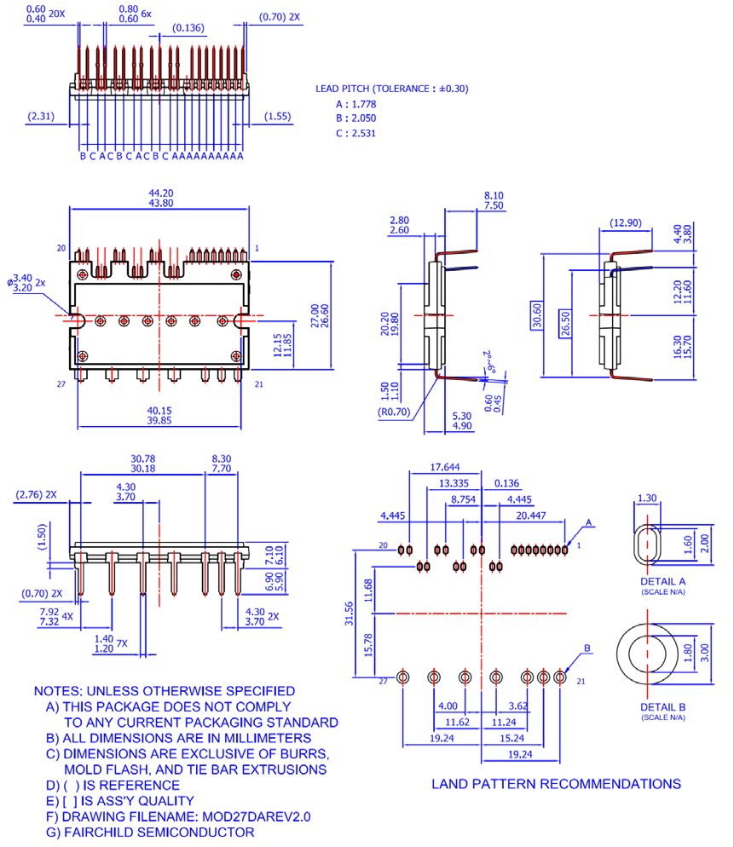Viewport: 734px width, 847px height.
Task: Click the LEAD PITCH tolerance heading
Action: pyautogui.click(x=391, y=89)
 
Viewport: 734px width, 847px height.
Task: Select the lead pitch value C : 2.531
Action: pyautogui.click(x=355, y=133)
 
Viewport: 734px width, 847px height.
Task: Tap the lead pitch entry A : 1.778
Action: pyautogui.click(x=355, y=104)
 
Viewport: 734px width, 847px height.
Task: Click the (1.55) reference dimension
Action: pyautogui.click(x=279, y=116)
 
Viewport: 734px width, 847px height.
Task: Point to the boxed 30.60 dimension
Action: pyautogui.click(x=536, y=314)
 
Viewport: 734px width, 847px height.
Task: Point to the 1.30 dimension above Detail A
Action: pyautogui.click(x=647, y=498)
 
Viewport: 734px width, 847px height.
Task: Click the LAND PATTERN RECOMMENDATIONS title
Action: pyautogui.click(x=556, y=783)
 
